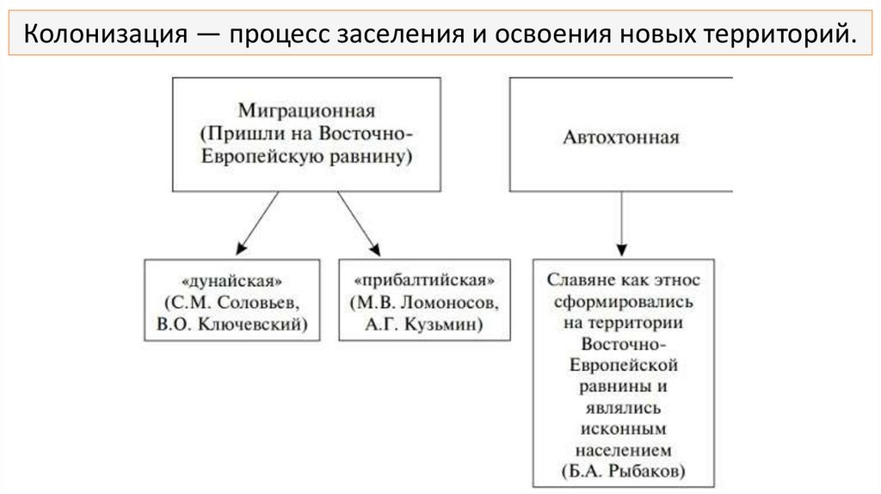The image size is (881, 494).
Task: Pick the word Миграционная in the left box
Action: coord(306,111)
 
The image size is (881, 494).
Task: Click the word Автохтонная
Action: coord(621,137)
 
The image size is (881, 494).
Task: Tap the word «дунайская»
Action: coord(232,281)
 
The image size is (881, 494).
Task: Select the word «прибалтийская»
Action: coord(424,281)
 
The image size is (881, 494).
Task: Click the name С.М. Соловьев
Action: coord(232,302)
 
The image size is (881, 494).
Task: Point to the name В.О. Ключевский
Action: coord(232,324)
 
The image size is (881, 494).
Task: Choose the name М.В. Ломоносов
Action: coord(424,302)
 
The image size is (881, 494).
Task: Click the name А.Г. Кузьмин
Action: coord(424,324)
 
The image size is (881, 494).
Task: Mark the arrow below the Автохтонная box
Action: coord(622,224)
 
